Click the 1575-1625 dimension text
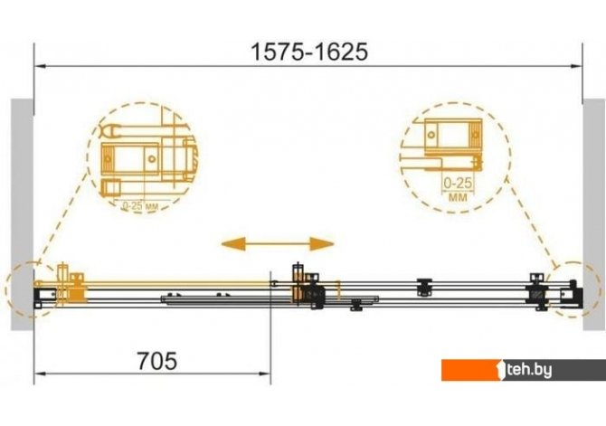[309, 52]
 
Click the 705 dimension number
[157, 361]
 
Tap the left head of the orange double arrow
[233, 244]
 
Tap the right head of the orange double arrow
[322, 244]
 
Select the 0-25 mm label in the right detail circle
[458, 189]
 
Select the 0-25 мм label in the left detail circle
[140, 206]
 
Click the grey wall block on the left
[22, 214]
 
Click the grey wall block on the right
[594, 214]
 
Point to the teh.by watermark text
[529, 370]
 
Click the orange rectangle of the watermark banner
[471, 370]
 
